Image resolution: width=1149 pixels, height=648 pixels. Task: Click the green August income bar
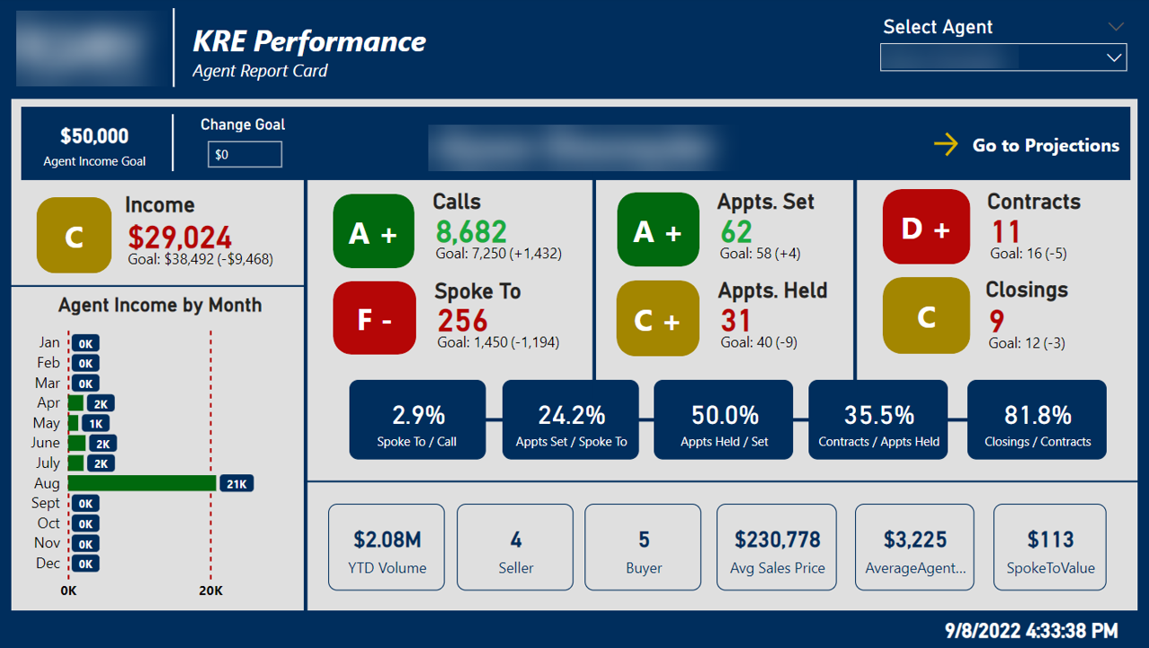[x=142, y=483]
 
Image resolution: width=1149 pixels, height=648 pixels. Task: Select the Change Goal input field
[x=245, y=155]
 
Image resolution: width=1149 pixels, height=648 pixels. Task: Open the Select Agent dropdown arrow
[x=1114, y=58]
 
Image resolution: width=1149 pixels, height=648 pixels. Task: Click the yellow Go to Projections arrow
[x=946, y=145]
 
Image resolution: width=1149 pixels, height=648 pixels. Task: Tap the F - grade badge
[x=374, y=319]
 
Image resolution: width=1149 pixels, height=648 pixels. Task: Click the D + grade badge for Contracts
[x=926, y=228]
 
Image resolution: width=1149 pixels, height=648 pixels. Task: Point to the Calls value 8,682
[x=471, y=231]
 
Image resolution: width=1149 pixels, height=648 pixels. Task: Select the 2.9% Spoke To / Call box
[x=417, y=420]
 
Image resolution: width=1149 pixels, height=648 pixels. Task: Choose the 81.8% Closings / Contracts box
[x=1037, y=420]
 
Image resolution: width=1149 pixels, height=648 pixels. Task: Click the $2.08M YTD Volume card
[x=387, y=547]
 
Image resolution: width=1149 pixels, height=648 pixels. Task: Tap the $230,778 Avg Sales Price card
[x=777, y=547]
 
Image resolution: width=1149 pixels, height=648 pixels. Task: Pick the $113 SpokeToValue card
[x=1049, y=547]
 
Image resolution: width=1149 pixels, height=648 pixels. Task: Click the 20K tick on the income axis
[x=210, y=591]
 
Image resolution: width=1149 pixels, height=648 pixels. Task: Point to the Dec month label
[x=49, y=563]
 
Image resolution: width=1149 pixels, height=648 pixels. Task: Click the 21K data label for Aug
[x=236, y=483]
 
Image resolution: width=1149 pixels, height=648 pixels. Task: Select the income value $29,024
[x=180, y=238]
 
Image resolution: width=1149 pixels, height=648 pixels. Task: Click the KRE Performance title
[x=309, y=41]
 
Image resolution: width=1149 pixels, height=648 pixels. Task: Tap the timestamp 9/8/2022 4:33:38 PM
[x=1030, y=630]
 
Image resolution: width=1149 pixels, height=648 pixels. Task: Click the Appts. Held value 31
[x=735, y=320]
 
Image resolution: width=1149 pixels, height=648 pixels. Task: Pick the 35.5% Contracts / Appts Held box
[x=878, y=420]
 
